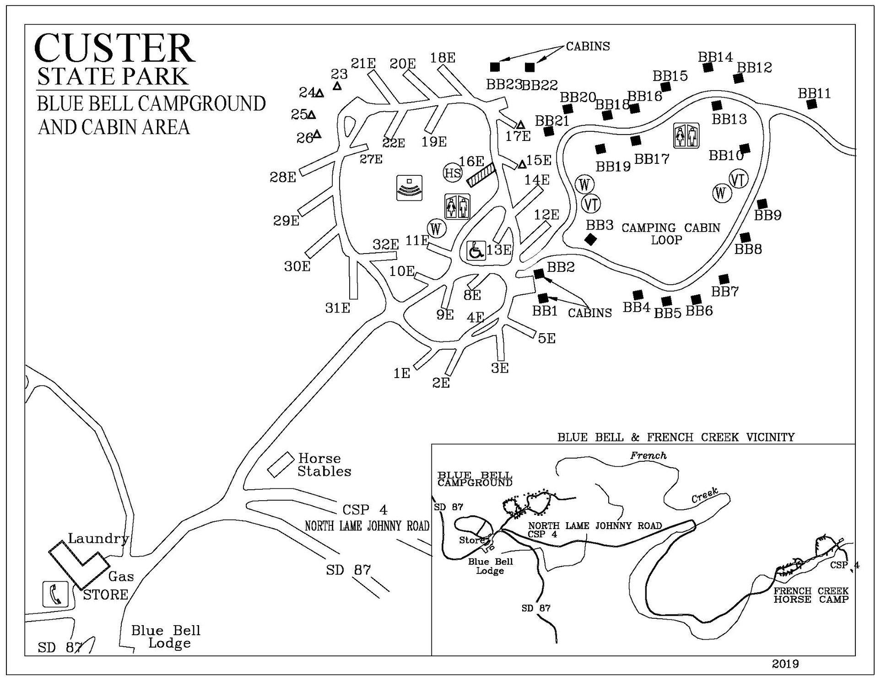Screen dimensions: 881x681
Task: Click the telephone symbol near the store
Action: click(x=55, y=594)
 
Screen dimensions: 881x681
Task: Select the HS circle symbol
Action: click(x=453, y=173)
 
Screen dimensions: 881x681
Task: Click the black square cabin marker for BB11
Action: click(x=812, y=104)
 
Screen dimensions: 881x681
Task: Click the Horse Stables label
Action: click(x=324, y=465)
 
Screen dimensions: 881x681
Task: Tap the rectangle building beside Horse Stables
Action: click(x=281, y=465)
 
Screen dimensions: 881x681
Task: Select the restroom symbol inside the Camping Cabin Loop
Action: click(x=686, y=135)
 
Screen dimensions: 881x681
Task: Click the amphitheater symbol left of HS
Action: click(x=409, y=188)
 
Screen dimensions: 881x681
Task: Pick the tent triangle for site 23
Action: click(x=337, y=86)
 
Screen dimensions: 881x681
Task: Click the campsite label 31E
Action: click(x=338, y=308)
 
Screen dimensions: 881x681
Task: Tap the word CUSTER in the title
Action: click(x=115, y=48)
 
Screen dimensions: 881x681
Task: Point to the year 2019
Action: click(x=785, y=664)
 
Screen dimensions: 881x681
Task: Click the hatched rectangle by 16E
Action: click(x=481, y=175)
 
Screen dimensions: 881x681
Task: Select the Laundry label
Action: click(x=98, y=538)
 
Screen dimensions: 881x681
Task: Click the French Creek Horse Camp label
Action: click(x=811, y=595)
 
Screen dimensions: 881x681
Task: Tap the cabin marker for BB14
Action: click(x=708, y=67)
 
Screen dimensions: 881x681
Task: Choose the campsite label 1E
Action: click(x=402, y=373)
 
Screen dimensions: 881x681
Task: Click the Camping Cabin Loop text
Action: click(x=670, y=234)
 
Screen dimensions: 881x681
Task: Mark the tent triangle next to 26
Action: click(x=317, y=134)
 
